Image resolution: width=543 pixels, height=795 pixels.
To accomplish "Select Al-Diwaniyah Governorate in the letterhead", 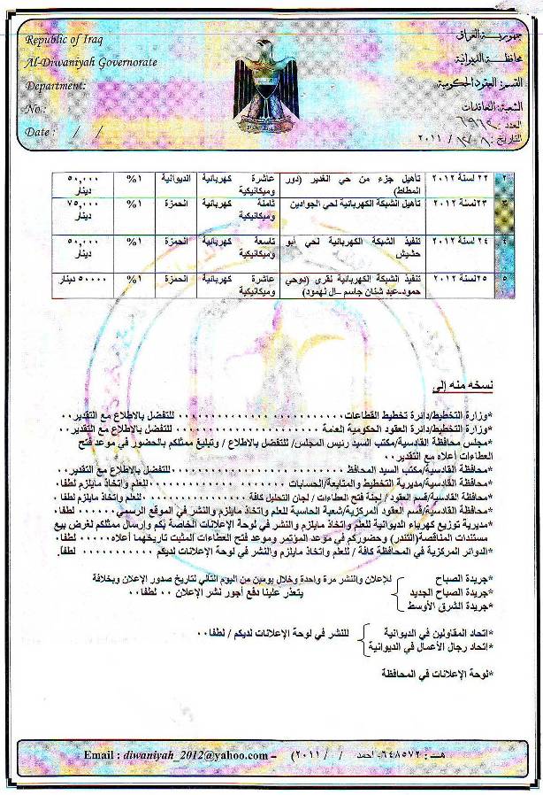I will [80, 64].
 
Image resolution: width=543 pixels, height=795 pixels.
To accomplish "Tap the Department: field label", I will [56, 86].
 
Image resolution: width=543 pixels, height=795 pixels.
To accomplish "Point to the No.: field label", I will [35, 108].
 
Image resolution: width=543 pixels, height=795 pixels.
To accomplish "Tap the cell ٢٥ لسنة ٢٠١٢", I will [459, 277].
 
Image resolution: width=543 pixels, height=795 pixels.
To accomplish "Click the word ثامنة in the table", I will [264, 203].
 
